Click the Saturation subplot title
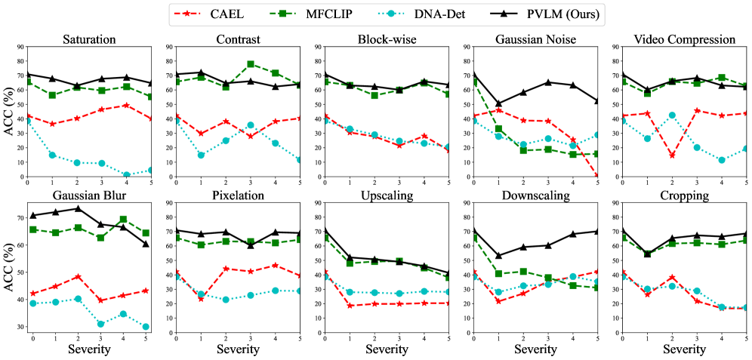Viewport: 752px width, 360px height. [90, 39]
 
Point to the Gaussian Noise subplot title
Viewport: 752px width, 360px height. [535, 39]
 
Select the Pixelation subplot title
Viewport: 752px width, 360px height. [239, 195]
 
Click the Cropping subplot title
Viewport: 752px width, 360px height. [684, 195]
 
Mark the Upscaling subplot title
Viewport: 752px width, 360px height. [387, 195]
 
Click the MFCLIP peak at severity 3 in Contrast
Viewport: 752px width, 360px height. [251, 64]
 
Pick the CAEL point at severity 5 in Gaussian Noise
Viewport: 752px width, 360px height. [597, 176]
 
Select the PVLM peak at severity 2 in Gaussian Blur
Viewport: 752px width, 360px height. [78, 208]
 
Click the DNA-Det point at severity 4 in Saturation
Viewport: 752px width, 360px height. [126, 174]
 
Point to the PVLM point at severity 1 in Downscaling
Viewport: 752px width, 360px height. [498, 256]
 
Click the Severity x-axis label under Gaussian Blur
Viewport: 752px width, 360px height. [90, 350]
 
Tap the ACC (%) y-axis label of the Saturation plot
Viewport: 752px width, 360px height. [8, 112]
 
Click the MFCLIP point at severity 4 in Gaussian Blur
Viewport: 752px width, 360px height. [123, 219]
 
